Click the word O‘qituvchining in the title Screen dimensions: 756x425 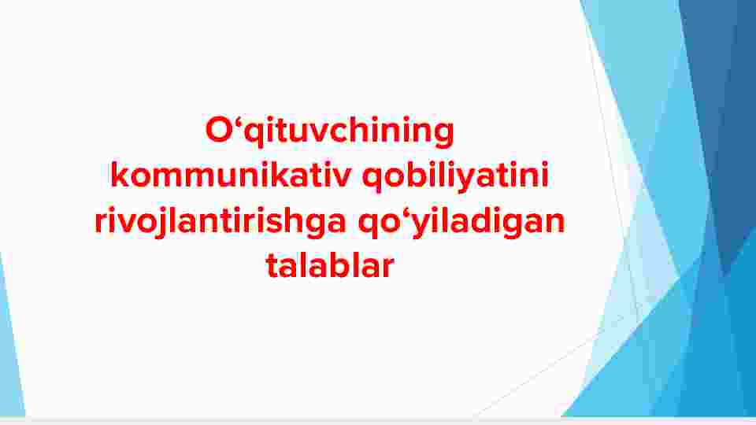point(330,131)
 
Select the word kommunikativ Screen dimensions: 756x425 point(231,175)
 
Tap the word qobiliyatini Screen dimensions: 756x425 point(455,176)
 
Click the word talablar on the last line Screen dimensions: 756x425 point(330,265)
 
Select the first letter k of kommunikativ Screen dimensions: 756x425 point(120,174)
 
